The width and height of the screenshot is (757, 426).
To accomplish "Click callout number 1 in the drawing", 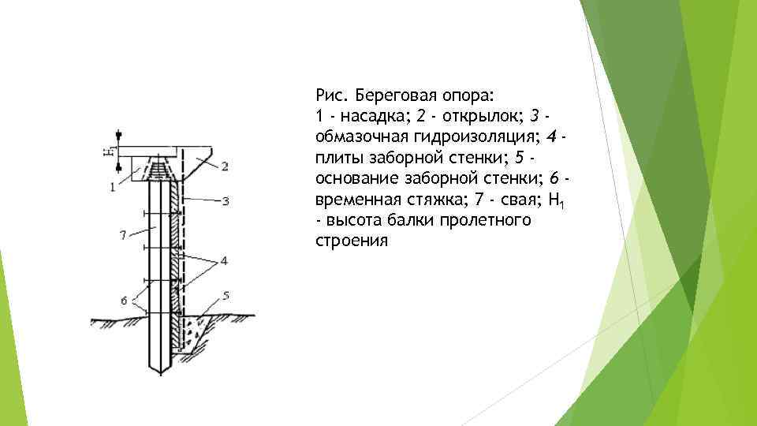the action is pos(113,187).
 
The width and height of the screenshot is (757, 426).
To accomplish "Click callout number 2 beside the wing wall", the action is pos(225,166).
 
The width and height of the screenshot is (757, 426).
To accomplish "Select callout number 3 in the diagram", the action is pos(226,201).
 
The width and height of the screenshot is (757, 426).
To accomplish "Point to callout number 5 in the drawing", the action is pos(226,296).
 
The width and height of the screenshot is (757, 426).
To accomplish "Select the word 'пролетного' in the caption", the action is pos(487,219).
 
